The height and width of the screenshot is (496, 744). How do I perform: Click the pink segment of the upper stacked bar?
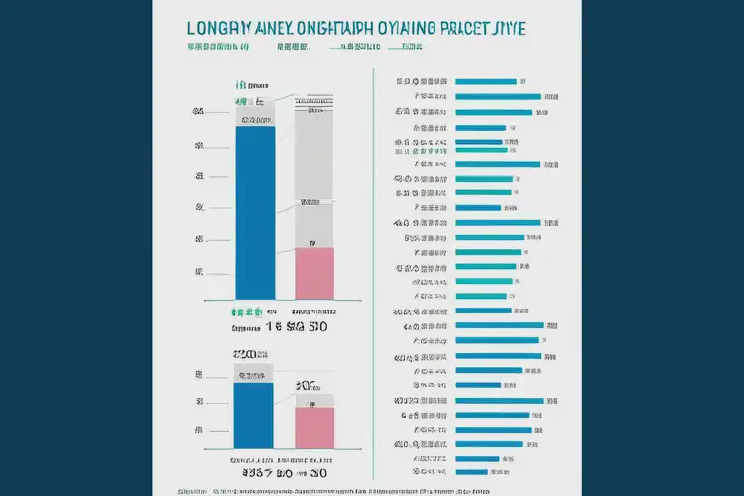tap(314, 273)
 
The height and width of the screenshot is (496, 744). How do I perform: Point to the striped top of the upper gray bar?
tap(314, 100)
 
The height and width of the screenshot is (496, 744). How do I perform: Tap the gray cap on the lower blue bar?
tap(254, 374)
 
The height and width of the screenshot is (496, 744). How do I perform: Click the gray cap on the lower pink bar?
tap(313, 400)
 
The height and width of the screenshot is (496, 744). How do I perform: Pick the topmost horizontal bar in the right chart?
tap(485, 81)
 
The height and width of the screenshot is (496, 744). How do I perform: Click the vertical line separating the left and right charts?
tap(372, 278)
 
